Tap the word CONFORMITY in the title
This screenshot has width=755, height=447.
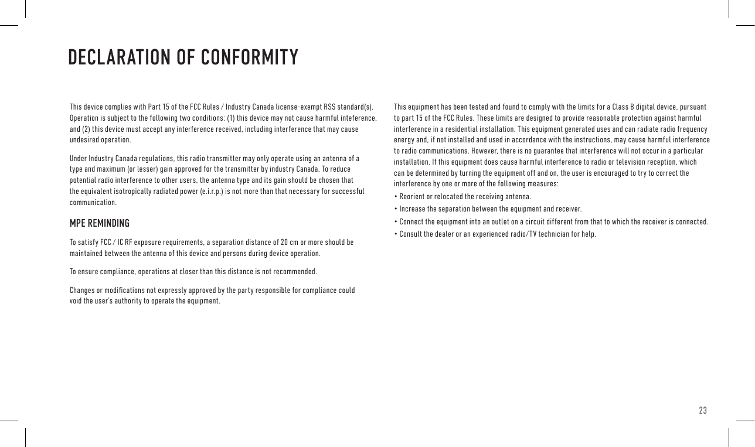249,57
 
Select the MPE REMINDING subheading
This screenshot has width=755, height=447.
100,224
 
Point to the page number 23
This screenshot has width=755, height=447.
703,410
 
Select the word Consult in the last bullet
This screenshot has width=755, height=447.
410,234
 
